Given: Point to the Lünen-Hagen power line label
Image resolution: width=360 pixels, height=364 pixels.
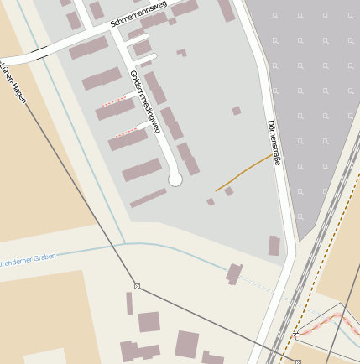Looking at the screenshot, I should click(x=14, y=81).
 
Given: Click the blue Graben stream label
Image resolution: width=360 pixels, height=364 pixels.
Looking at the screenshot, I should click(x=30, y=255).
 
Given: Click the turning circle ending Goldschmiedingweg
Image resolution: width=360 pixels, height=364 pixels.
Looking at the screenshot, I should click(x=175, y=179).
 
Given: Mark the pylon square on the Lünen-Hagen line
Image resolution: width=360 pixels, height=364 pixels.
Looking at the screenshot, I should click(x=138, y=287).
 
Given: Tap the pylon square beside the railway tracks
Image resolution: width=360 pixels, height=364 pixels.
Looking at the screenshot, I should click(x=297, y=361).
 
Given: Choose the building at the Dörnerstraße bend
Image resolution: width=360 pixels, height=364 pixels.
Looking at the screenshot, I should click(x=274, y=246).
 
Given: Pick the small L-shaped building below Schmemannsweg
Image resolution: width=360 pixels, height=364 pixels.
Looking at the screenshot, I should click(x=181, y=53).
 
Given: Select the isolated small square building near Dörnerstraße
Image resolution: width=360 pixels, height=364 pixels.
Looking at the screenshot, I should click(x=237, y=111).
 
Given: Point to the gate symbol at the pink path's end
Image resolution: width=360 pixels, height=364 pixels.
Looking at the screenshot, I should click(x=295, y=334).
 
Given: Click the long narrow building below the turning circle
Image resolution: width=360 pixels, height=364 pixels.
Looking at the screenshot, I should click(x=148, y=198).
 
